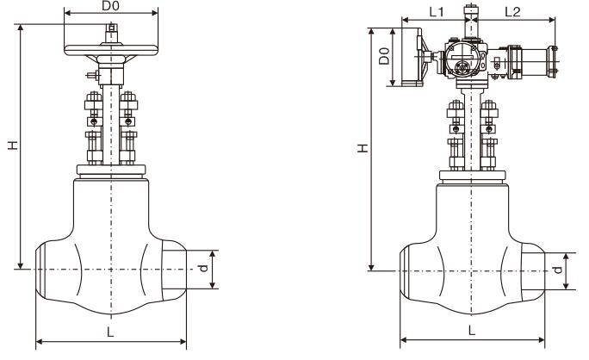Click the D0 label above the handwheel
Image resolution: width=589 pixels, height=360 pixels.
(x=110, y=7)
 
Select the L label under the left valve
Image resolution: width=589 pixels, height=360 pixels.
(x=110, y=332)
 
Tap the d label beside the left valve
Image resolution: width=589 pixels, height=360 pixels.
(x=203, y=269)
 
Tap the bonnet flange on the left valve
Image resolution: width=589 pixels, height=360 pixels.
(x=110, y=170)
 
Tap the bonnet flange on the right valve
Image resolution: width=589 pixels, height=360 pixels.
(x=471, y=176)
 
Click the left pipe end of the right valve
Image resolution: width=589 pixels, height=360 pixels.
(x=412, y=271)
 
